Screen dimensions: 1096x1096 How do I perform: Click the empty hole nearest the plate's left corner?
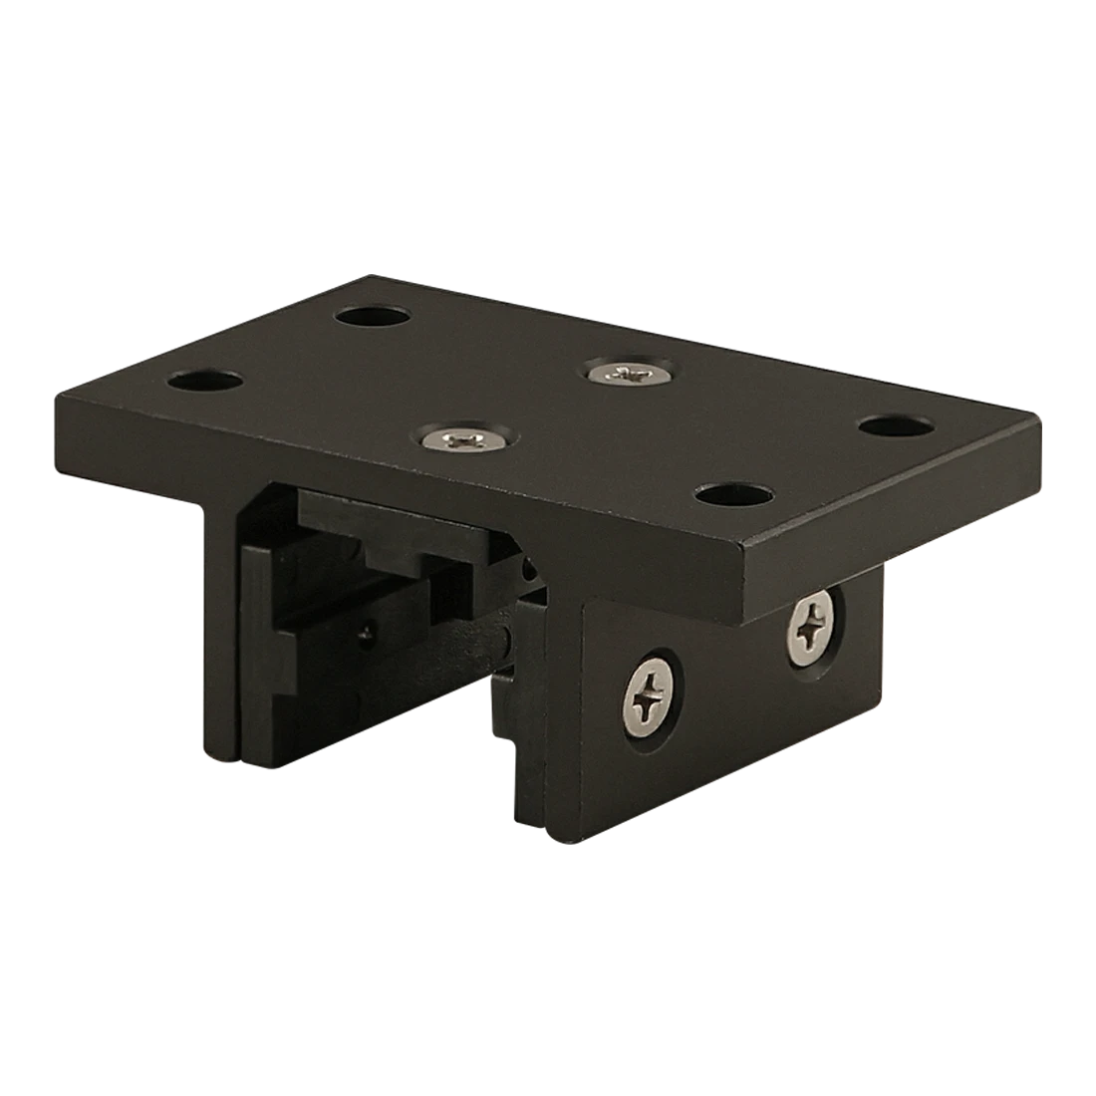[x=206, y=382]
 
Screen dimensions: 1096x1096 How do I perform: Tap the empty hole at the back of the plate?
[x=374, y=317]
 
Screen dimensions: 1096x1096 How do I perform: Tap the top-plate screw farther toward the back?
[x=628, y=374]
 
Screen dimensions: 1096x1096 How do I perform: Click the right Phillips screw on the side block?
[x=815, y=625]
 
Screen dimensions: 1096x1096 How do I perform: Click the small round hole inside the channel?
[x=370, y=631]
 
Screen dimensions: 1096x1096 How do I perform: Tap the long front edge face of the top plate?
[x=399, y=468]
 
